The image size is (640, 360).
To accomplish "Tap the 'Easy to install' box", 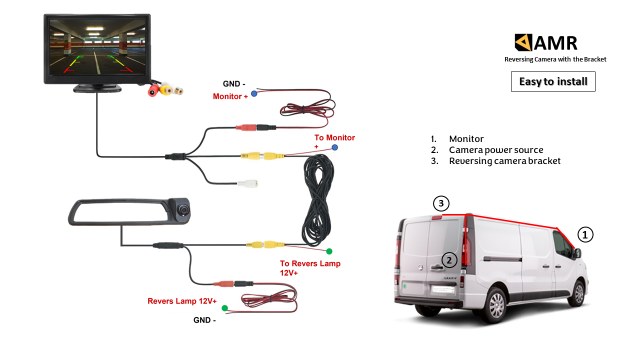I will click(x=553, y=81).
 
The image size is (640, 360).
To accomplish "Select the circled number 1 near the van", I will click(x=585, y=234).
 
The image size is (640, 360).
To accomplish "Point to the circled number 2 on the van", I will click(x=449, y=260).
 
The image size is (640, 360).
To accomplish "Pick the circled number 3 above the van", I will click(x=440, y=203).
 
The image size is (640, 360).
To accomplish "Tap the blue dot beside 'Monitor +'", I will click(x=254, y=93).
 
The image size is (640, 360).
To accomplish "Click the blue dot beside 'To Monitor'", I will click(x=335, y=147).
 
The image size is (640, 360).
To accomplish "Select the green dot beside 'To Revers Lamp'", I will click(x=329, y=251).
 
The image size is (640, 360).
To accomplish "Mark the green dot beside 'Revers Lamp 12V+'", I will click(x=224, y=308).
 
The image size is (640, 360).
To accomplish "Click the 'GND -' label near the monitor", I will click(x=231, y=84).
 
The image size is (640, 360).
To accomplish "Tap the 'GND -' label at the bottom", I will click(x=204, y=320).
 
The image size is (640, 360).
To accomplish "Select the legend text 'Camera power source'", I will click(x=496, y=150).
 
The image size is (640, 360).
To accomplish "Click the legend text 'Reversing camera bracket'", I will click(x=504, y=161).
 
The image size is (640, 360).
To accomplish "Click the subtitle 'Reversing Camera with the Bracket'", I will click(x=555, y=59).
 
